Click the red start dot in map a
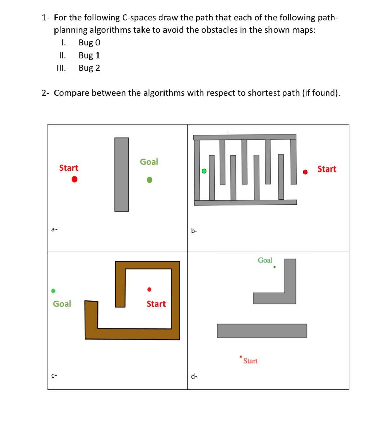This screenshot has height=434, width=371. [x=74, y=179]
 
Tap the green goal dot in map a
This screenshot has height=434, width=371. [x=149, y=180]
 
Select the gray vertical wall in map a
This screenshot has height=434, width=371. [x=122, y=175]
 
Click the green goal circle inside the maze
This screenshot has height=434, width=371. [x=204, y=171]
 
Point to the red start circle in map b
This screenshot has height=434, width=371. [x=305, y=172]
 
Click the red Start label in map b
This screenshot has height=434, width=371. [x=327, y=169]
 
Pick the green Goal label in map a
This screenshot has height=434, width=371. [x=149, y=162]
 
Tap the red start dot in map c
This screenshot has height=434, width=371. [x=149, y=289]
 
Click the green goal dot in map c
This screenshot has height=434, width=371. [x=53, y=291]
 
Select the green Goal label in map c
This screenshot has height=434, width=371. [x=62, y=304]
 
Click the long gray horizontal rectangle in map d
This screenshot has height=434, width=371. [x=262, y=330]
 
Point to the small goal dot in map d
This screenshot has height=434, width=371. [x=274, y=267]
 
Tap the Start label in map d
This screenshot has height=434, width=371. [x=250, y=361]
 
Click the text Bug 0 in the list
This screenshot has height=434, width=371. [x=89, y=43]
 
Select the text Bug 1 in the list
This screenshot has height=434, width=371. [x=89, y=55]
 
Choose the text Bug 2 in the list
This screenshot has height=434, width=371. [x=89, y=68]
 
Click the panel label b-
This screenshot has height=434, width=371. [x=194, y=231]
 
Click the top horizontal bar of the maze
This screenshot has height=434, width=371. [x=244, y=137]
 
